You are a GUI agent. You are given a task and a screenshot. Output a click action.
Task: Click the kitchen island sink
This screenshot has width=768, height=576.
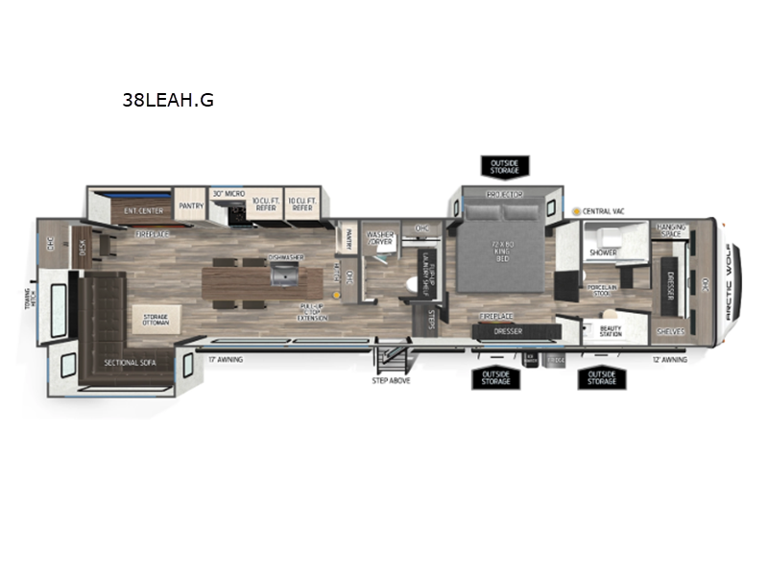[x=285, y=276]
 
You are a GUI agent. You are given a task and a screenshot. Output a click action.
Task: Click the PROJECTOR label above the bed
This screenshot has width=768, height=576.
[x=504, y=194]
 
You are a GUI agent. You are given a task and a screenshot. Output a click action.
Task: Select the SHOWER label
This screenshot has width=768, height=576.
[x=603, y=252]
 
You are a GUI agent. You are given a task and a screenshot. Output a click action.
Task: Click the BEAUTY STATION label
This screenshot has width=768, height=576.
[x=611, y=331]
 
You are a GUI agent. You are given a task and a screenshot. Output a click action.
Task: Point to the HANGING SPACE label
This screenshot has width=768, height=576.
[x=671, y=229]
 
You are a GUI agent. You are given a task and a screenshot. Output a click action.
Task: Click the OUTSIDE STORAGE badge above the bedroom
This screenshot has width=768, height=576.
[x=504, y=168]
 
